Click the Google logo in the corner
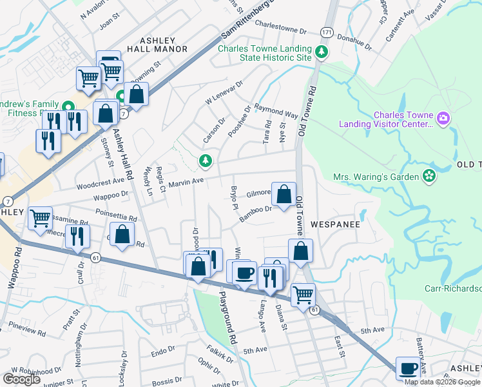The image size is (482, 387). click(x=21, y=379)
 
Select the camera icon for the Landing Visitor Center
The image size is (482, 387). click(x=443, y=118)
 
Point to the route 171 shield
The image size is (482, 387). click(x=327, y=32)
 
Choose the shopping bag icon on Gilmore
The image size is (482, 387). click(x=284, y=193)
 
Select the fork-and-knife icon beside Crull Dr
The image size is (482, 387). click(x=77, y=236)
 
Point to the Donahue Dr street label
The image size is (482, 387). click(x=355, y=42)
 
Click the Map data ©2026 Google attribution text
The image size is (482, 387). click(x=442, y=382)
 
